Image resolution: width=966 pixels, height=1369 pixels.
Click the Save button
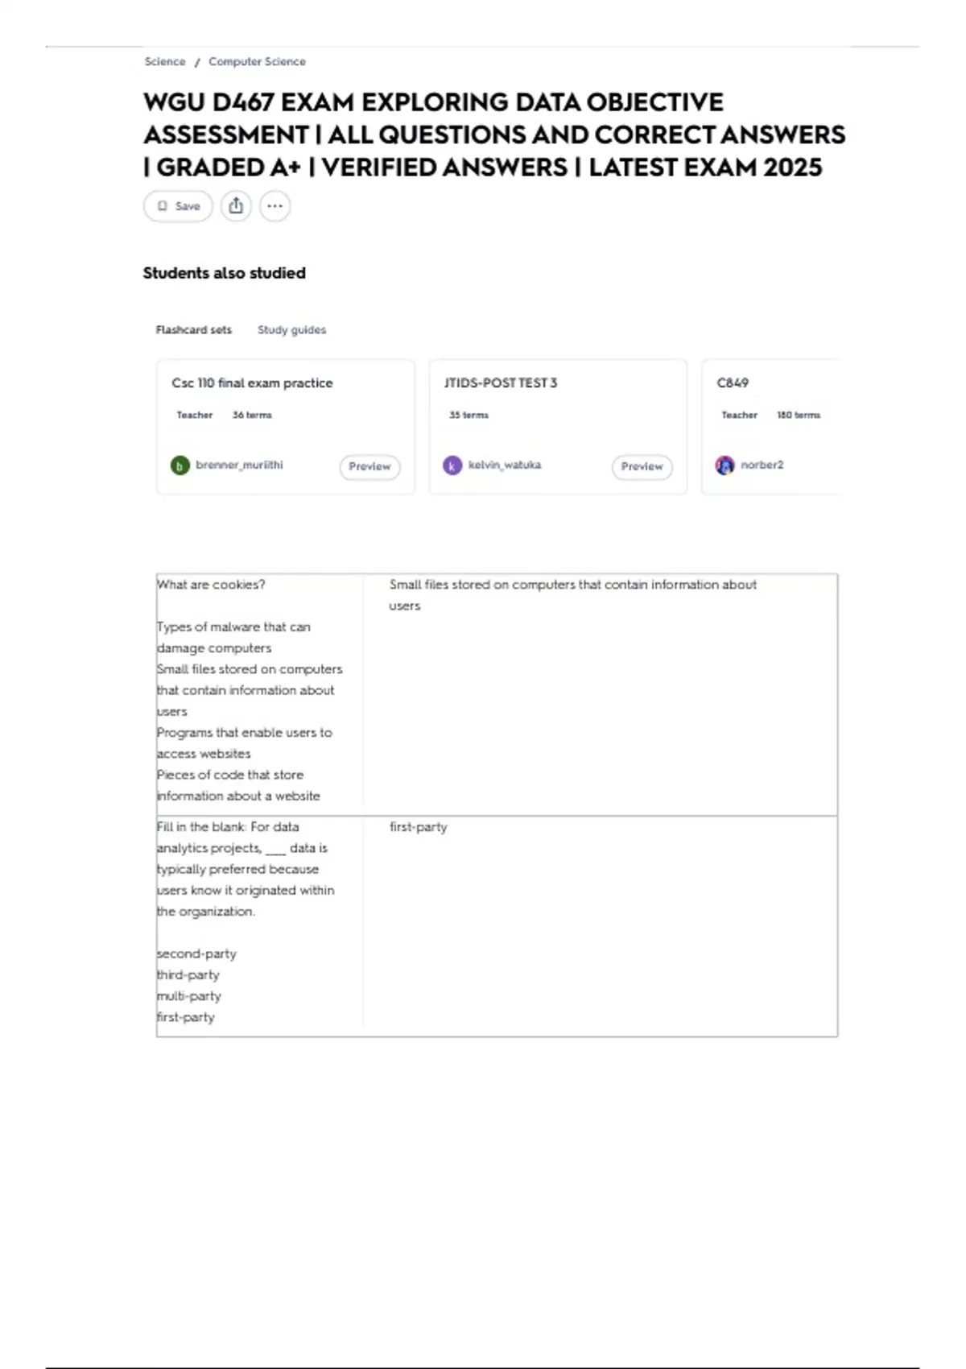point(178,206)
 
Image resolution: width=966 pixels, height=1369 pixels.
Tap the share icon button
point(236,206)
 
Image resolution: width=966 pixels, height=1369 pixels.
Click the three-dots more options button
point(275,206)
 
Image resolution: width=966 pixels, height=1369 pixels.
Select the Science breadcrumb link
point(165,62)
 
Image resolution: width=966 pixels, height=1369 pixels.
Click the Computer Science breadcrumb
point(257,62)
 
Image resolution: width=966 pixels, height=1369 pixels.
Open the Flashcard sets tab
point(193,330)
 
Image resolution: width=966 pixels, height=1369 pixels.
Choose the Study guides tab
point(291,330)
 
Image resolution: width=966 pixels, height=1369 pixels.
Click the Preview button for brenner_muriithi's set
point(369,466)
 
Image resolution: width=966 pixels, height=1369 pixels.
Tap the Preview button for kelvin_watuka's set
point(642,466)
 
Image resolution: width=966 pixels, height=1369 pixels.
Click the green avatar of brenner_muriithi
point(180,465)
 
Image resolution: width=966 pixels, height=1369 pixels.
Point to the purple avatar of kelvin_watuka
point(452,465)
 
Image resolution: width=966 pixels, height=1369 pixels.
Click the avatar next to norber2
point(724,465)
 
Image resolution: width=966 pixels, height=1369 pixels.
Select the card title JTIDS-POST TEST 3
point(500,383)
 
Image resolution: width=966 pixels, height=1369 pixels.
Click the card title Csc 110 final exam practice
point(252,383)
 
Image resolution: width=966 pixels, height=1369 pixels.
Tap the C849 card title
point(733,383)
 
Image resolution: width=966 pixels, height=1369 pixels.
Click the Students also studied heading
point(224,273)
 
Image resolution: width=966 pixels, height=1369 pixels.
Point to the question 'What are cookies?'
point(211,585)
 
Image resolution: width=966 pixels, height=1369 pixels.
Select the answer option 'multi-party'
point(189,996)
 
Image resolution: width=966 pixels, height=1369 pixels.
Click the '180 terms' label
point(798,416)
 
